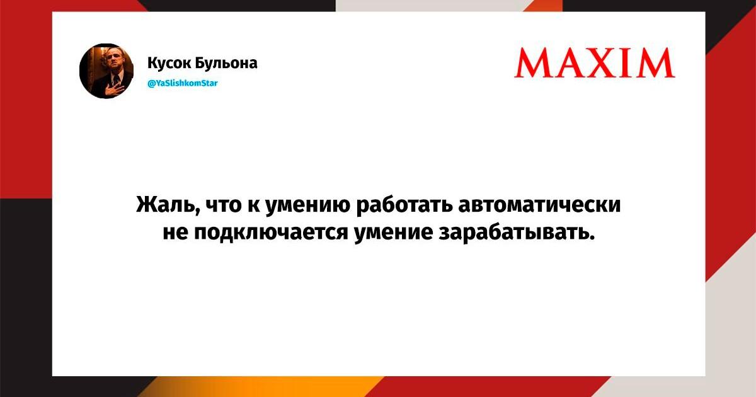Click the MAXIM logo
coord(595,63)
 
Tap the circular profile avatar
coord(106,71)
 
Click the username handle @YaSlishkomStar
coord(183,83)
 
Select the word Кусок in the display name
coord(168,63)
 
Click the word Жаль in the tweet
coord(168,205)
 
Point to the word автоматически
coord(539,205)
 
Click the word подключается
coord(271,233)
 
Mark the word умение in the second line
coord(394,234)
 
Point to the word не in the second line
coord(175,233)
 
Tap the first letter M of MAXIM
coord(532,63)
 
